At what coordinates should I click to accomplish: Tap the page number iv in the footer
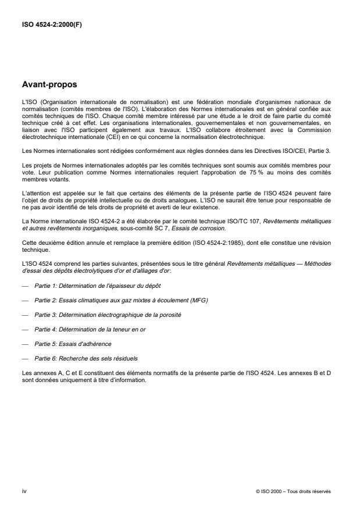pyautogui.click(x=24, y=491)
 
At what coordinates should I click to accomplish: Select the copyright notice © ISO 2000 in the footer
pyautogui.click(x=293, y=491)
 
